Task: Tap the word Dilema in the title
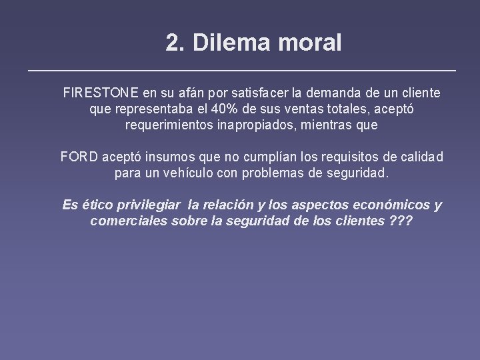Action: click(x=223, y=43)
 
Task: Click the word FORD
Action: click(x=79, y=157)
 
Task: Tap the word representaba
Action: click(x=147, y=109)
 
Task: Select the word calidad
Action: click(x=420, y=157)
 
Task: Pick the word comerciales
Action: click(x=127, y=221)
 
